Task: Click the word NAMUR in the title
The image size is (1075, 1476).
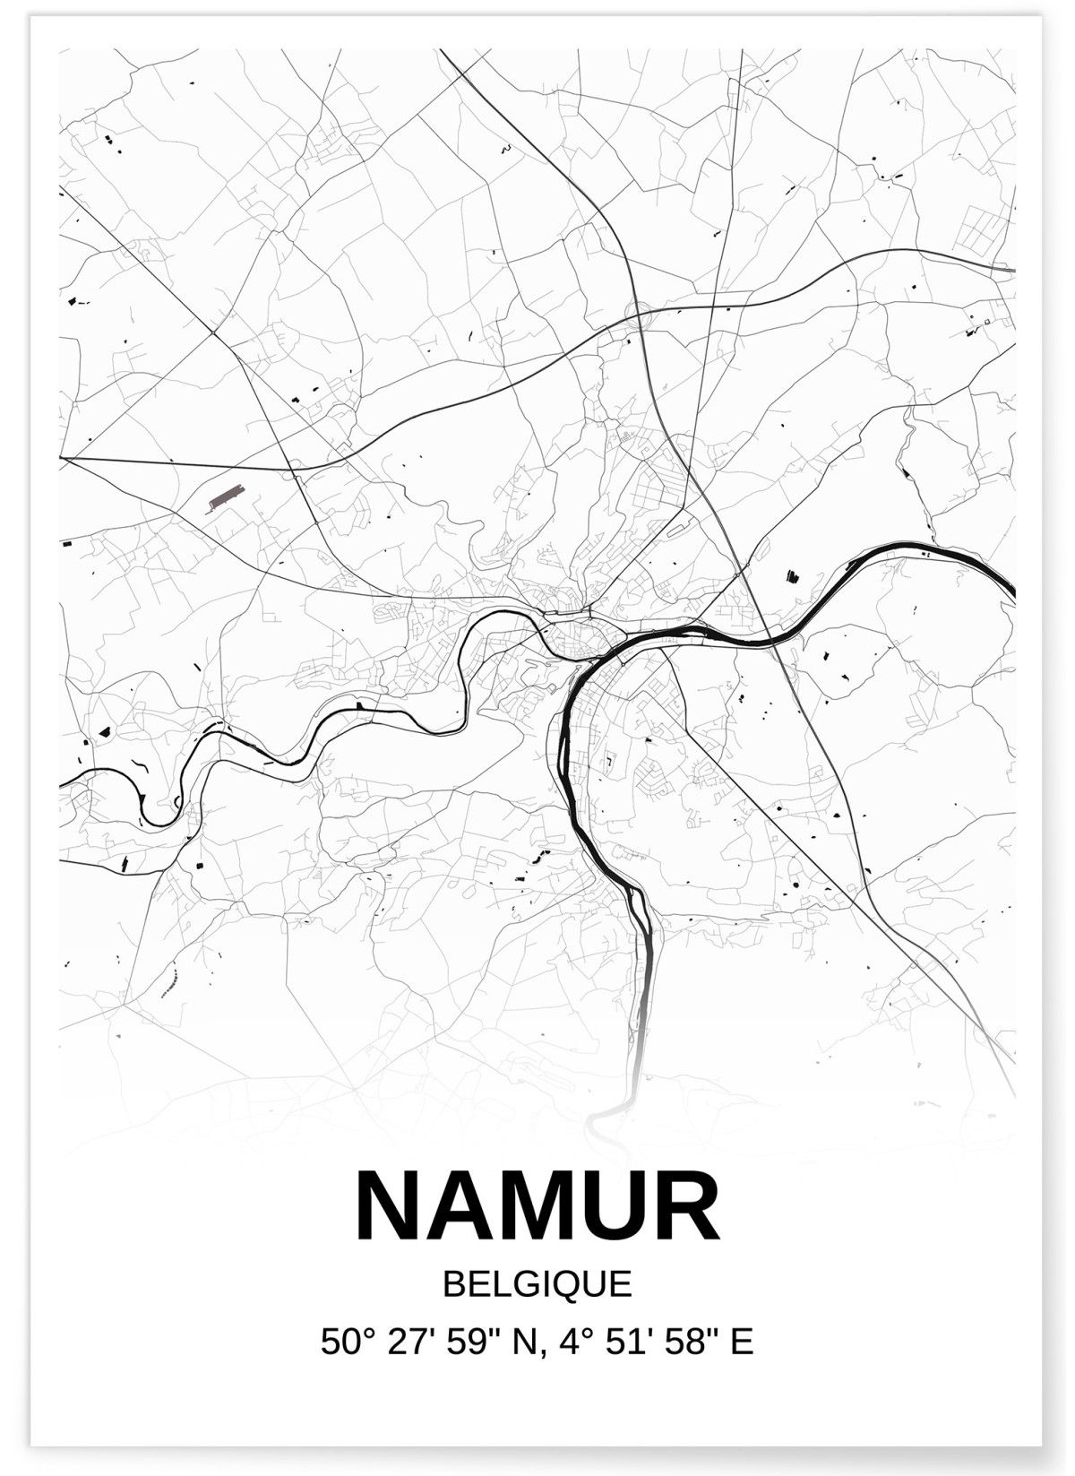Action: click(537, 1205)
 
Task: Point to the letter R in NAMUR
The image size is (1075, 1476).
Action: click(686, 1205)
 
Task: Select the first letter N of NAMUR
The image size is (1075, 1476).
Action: click(389, 1205)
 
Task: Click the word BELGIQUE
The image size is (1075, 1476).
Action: click(537, 1284)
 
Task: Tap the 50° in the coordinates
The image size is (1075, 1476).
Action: click(345, 1342)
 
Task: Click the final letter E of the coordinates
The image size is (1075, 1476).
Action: click(743, 1342)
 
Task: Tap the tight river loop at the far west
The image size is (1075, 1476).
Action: click(152, 807)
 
